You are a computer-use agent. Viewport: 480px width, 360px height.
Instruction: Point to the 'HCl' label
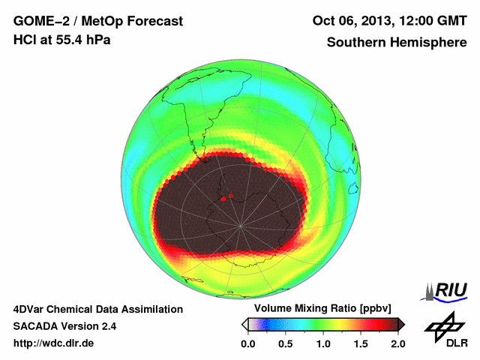click(25, 40)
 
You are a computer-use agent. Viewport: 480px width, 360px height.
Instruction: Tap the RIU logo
click(447, 290)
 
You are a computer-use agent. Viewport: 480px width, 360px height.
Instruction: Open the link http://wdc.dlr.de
click(54, 343)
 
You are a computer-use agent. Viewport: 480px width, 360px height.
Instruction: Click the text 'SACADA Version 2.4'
click(64, 326)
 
